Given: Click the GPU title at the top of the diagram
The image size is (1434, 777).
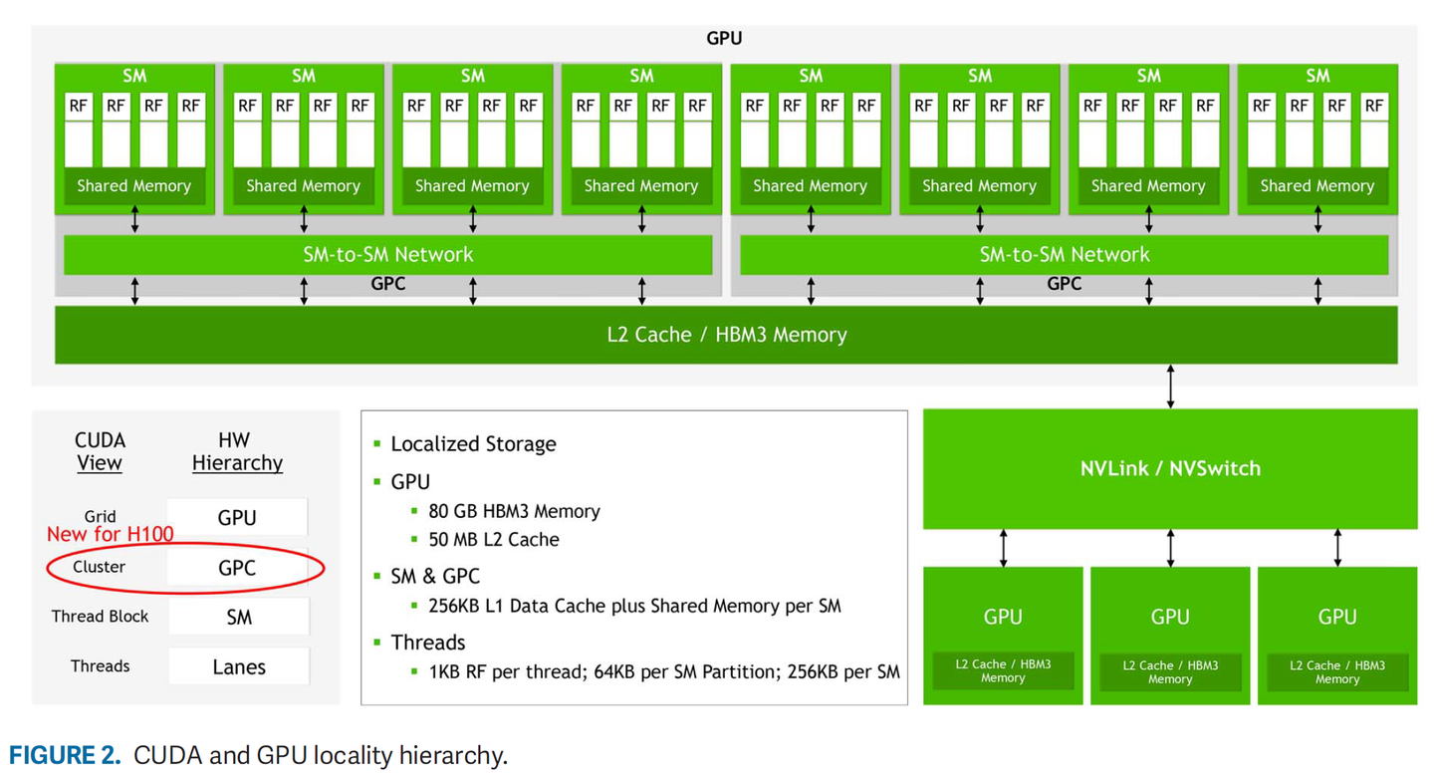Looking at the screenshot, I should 724,39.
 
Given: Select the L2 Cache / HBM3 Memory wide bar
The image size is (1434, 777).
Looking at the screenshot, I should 726,335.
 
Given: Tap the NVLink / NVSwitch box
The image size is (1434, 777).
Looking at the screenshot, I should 1170,468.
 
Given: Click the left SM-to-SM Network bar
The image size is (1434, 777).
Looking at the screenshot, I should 387,255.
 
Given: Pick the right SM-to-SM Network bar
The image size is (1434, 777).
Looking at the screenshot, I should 1064,255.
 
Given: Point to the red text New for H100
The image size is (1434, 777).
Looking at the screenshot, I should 110,535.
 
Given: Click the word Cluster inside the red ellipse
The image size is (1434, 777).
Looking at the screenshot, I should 100,567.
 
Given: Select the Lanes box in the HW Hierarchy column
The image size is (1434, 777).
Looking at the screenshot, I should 239,667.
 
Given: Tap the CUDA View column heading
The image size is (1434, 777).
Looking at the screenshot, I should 100,451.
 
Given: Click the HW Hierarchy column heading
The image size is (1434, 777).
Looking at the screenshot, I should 237,451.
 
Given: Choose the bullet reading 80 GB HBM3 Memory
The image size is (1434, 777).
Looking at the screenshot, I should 514,511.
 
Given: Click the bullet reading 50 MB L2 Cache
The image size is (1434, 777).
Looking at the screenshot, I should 493,539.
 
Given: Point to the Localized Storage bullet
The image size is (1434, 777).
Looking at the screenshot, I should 473,444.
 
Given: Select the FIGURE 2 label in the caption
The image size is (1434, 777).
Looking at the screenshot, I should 65,755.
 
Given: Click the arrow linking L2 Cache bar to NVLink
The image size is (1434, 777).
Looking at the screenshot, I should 1170,387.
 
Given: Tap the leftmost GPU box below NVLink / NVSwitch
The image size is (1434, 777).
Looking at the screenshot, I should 1003,635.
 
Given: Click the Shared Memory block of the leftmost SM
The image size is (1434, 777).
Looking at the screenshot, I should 134,186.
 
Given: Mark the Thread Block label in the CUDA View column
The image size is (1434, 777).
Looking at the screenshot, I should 100,617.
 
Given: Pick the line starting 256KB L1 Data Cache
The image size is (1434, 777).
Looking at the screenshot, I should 634,606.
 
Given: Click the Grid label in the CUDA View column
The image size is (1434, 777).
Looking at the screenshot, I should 100,516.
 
